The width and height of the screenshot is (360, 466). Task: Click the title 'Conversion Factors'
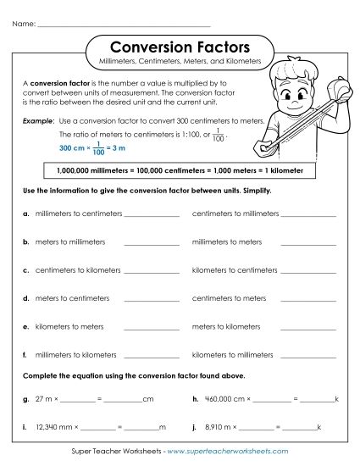[180, 47]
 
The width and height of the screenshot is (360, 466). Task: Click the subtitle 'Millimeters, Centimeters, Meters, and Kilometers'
[180, 63]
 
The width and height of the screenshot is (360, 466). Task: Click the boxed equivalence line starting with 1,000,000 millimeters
[180, 170]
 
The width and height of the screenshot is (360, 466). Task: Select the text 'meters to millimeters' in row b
[70, 242]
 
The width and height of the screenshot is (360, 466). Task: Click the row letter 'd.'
[27, 298]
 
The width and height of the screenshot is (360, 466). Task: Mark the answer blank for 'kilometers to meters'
[152, 328]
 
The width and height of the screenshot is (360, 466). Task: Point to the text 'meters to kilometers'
[226, 326]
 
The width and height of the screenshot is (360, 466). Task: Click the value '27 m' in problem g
[44, 398]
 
